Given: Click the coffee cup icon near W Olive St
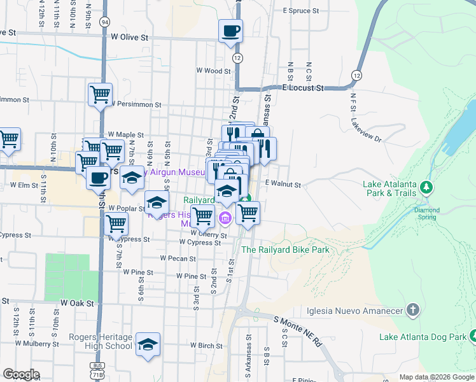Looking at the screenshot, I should [230, 30].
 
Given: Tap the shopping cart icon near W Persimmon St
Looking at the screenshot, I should [100, 94].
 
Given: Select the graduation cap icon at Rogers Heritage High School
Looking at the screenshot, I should [148, 345].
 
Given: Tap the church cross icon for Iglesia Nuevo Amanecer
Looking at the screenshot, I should [413, 310].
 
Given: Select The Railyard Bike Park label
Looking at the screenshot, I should [285, 250].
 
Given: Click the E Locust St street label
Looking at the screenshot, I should [303, 88].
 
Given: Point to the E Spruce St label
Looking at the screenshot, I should [300, 11].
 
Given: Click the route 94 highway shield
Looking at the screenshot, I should [104, 22].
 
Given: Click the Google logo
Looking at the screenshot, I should [21, 375].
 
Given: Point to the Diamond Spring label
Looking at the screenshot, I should [426, 213].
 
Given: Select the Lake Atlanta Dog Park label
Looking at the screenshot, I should [422, 337].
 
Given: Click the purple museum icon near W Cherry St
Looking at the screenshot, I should [224, 220].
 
